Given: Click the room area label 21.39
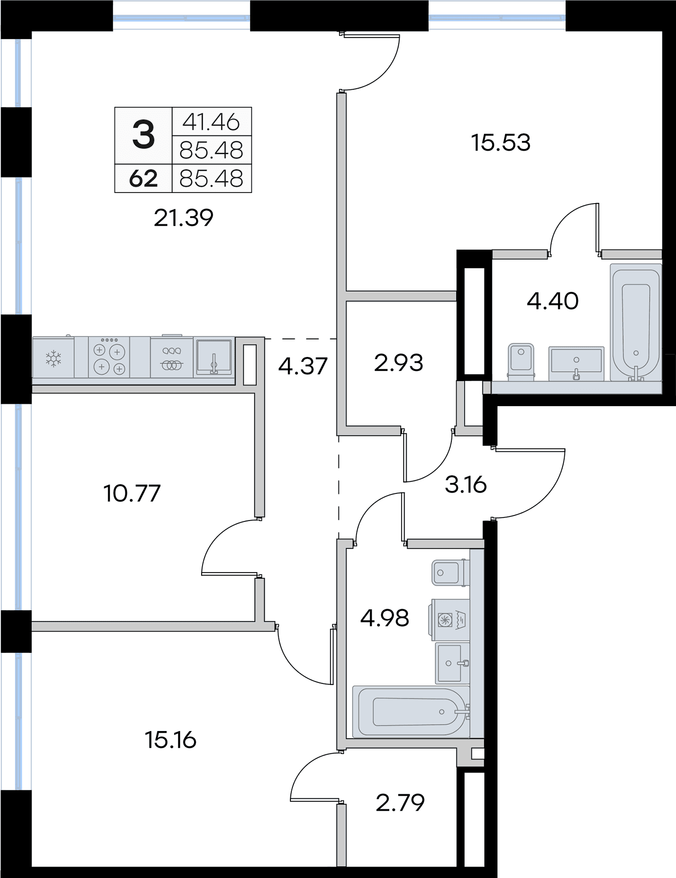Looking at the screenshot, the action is coord(184,218).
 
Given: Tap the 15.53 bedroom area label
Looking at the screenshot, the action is coord(500,142).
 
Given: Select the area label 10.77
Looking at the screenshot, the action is coord(132,493).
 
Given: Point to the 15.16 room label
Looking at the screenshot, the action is coord(171,740).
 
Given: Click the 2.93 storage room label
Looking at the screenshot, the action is coord(399,363).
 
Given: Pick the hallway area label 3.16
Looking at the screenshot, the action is coord(466,485).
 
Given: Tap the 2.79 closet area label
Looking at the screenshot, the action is coord(400,802).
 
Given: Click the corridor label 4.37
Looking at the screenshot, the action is coord(303,366).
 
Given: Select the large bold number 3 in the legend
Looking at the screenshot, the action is coord(143,136).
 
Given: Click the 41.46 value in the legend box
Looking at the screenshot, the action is coord(211,121).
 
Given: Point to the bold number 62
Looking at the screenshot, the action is coord(143,179).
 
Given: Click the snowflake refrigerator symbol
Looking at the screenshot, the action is coord(53,358).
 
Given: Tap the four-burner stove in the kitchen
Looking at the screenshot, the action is coord(109,357).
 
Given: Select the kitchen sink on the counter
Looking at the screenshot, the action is coord(214,357).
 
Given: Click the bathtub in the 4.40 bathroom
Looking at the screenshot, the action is coord(636,323).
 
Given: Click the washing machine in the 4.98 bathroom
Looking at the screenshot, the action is coord(449,620).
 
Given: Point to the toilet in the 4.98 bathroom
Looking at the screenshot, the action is coord(451,573).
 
